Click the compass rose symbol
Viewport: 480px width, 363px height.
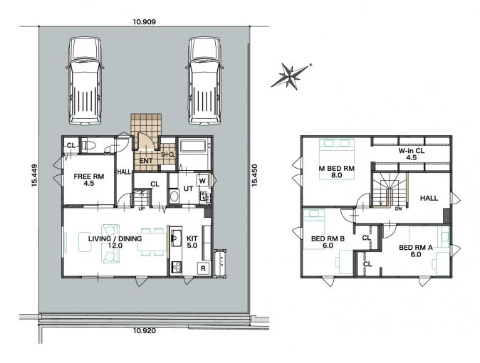[291, 75]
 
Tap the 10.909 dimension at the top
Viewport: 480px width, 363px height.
[145, 22]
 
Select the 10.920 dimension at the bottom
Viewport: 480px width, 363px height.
[145, 330]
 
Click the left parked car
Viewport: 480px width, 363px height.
[85, 81]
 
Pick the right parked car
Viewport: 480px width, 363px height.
[204, 81]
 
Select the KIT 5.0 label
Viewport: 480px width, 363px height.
[192, 242]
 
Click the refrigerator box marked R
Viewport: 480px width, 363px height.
[203, 268]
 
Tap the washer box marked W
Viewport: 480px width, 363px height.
[202, 181]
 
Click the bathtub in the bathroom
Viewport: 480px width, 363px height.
[193, 145]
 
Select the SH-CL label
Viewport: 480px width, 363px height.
[168, 155]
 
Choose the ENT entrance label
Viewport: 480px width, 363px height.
[146, 161]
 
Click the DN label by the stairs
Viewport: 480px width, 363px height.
[398, 209]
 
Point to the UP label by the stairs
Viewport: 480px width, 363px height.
[142, 209]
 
